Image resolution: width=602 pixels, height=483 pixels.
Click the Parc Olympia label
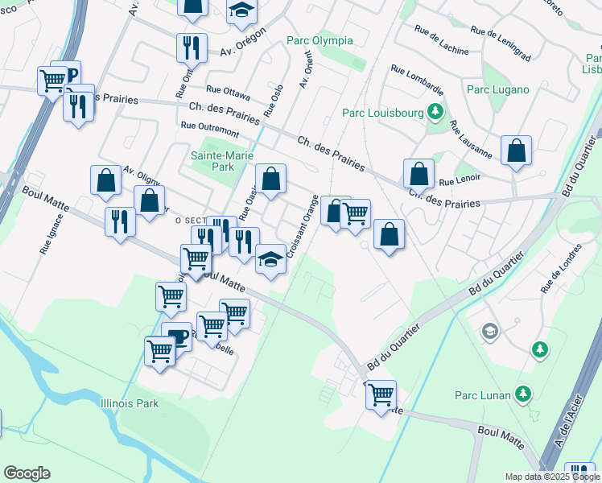(x=320, y=40)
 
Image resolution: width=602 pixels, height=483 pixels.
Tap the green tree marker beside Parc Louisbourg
(x=435, y=111)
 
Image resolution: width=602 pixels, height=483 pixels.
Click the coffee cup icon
(x=177, y=337)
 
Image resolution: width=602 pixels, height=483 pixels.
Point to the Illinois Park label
(x=130, y=403)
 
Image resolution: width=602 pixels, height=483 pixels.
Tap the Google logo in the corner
(x=27, y=473)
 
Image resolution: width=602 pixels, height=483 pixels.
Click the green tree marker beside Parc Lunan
(x=523, y=394)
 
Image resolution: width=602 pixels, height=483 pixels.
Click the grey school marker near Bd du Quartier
(x=489, y=330)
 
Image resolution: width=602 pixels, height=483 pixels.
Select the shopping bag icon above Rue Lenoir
(x=419, y=172)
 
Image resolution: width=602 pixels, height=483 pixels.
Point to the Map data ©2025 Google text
(x=552, y=477)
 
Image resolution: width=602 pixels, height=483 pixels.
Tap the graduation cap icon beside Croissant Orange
(x=271, y=260)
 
